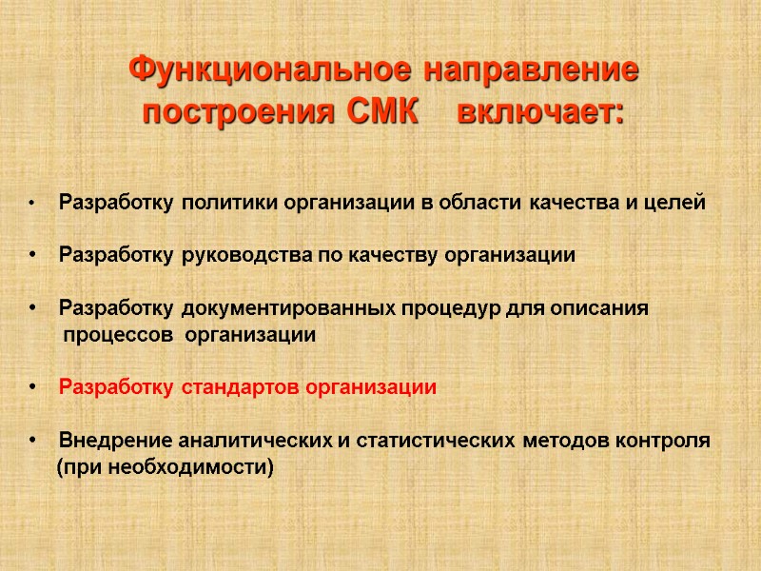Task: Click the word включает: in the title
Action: click(x=541, y=112)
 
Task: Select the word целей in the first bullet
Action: click(x=678, y=203)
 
